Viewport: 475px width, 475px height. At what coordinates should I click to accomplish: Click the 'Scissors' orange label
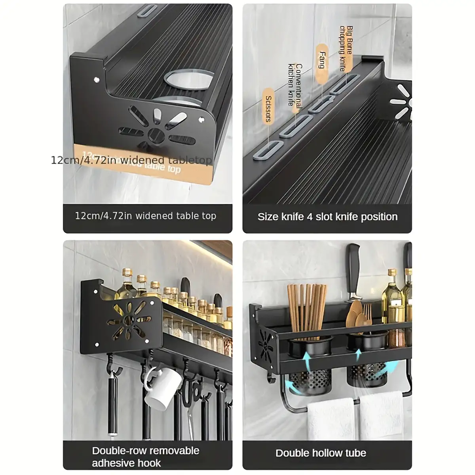pyautogui.click(x=268, y=108)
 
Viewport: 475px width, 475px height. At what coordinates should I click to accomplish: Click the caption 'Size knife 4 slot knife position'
pyautogui.click(x=327, y=217)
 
